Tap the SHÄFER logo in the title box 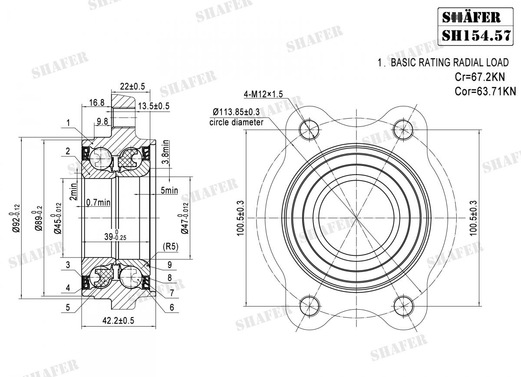click(471, 17)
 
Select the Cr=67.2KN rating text click(480, 77)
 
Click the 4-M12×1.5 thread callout click(263, 94)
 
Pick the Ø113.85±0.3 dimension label click(236, 112)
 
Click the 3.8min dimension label click(165, 152)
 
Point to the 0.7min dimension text click(98, 202)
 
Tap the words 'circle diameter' click(236, 122)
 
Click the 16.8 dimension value click(96, 103)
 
